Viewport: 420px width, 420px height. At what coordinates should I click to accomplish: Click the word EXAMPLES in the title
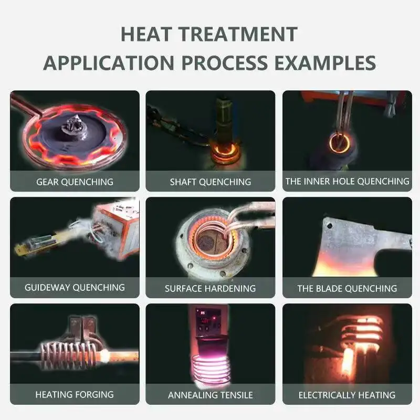(324, 62)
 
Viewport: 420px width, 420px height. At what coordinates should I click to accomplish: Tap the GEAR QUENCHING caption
(75, 182)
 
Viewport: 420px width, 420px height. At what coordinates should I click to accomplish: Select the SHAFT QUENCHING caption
(211, 182)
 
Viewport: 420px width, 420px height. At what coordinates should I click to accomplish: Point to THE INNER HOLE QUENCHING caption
(347, 181)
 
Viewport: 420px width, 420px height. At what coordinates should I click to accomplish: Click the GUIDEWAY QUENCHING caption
(75, 288)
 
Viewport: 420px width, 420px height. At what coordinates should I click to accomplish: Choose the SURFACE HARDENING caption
(211, 288)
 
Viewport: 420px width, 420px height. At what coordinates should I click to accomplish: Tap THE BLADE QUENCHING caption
(347, 288)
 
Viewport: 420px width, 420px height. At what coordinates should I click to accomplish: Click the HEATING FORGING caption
(75, 394)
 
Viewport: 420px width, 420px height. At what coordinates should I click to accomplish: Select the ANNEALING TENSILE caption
(211, 395)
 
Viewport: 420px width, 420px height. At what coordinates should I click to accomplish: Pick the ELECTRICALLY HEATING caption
(347, 395)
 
